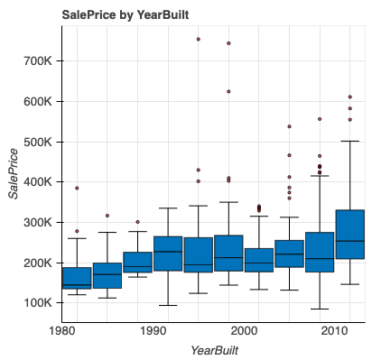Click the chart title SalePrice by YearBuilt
pos(125,15)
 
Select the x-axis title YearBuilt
pos(214,348)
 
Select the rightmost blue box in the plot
pos(349,246)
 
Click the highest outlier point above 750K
pos(198,40)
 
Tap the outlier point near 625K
pos(228,91)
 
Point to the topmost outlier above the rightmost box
pos(349,97)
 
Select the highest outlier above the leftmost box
pos(77,188)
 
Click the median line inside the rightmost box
pos(349,241)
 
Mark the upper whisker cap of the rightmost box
pos(349,141)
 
